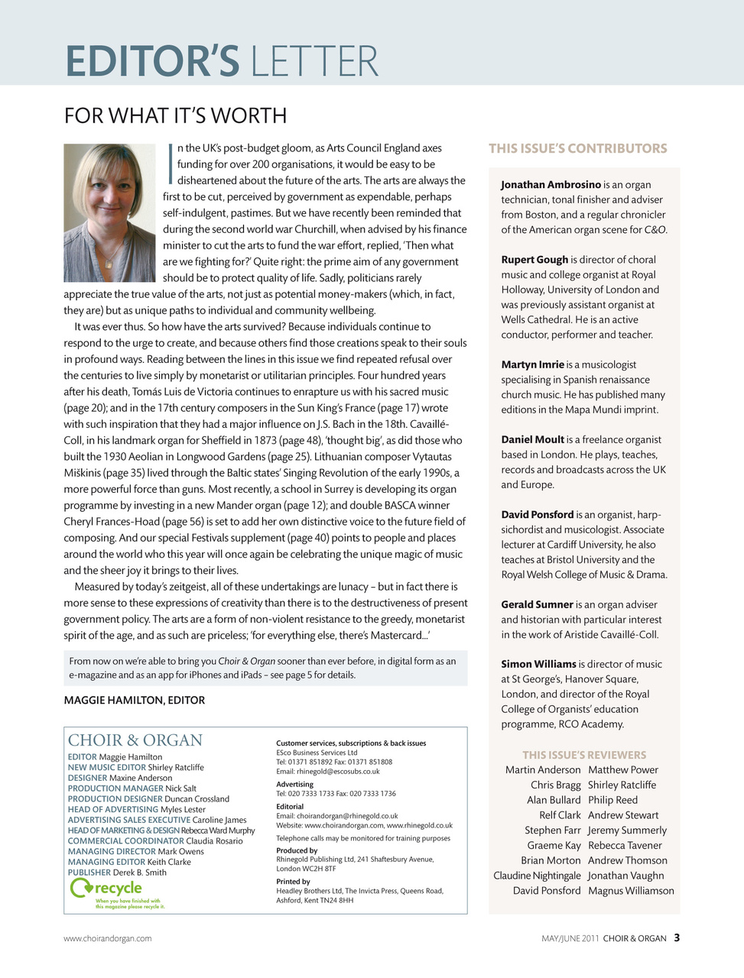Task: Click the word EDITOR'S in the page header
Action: [152, 61]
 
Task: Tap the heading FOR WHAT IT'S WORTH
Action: [175, 116]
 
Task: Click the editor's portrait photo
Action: [109, 212]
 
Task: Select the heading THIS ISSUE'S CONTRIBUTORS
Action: [577, 149]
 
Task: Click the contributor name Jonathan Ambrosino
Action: [551, 185]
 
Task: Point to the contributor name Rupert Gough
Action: [534, 260]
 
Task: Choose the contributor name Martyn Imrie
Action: [532, 365]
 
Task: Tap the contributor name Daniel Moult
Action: [532, 440]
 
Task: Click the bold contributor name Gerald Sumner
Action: [537, 604]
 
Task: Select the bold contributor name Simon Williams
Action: [538, 665]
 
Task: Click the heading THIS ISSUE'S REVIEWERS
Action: [584, 755]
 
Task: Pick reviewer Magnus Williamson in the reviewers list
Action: [631, 891]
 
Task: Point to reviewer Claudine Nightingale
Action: [537, 876]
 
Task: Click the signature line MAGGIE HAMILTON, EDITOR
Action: [135, 701]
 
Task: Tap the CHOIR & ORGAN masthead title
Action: [135, 740]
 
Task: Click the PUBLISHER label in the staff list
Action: [89, 873]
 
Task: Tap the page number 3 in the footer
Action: [677, 938]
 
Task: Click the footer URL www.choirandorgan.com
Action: [107, 938]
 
